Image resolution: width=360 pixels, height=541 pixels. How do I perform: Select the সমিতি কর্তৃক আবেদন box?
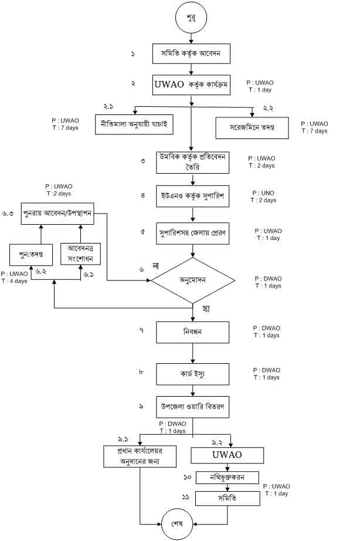click(191, 53)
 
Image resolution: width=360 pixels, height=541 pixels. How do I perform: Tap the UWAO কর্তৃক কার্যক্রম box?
click(191, 84)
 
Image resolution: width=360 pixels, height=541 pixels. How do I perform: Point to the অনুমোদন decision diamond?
click(192, 280)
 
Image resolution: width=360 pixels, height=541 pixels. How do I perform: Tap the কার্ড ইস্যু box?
click(191, 373)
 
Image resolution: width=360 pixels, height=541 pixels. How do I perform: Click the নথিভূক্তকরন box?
click(227, 478)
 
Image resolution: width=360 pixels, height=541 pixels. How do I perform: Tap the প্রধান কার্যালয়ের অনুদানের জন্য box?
click(140, 457)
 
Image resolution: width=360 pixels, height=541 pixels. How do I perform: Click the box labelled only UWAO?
click(226, 455)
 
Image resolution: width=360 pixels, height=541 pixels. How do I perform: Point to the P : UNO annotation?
click(263, 193)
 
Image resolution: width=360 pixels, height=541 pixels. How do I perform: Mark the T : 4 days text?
click(13, 280)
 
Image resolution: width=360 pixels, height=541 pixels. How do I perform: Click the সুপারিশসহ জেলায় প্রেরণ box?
click(191, 232)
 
